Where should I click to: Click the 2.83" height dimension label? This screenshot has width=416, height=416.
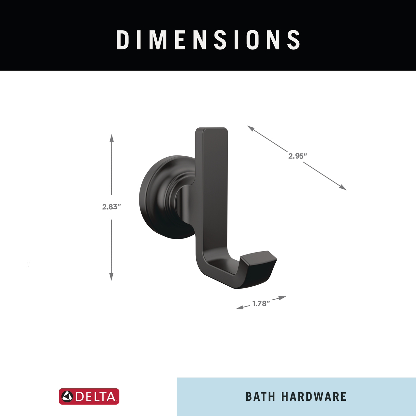[111, 207]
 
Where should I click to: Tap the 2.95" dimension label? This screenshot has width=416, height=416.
[297, 156]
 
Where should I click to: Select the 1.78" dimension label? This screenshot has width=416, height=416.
[261, 304]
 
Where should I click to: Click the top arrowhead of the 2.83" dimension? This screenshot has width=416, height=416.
[111, 138]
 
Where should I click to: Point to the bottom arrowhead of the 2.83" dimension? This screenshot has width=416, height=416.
[111, 277]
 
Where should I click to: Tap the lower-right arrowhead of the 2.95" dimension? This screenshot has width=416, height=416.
[343, 188]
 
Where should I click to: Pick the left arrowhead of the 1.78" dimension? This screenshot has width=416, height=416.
[240, 307]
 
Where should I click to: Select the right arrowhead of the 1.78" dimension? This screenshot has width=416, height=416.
[282, 298]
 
